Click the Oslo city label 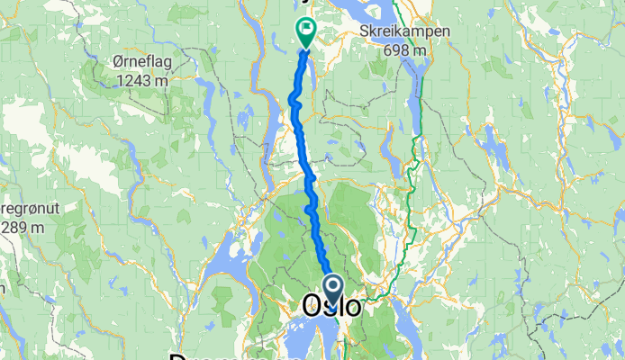pos(332,306)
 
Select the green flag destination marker pos(305,32)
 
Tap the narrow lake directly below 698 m pos(418,90)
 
